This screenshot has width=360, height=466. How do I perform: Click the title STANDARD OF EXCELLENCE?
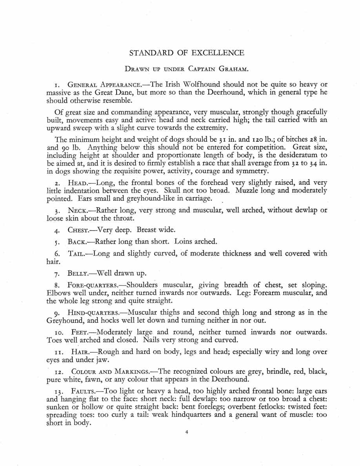186,53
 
